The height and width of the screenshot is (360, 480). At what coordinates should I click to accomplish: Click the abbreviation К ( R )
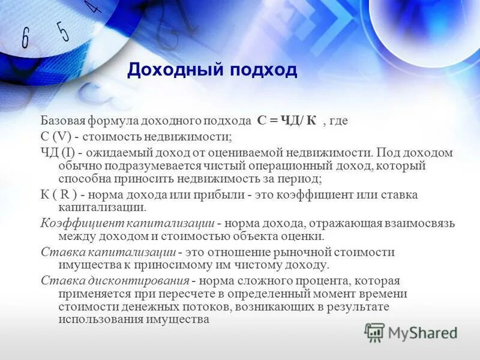[61, 195]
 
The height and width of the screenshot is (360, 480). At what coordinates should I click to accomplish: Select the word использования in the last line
[99, 319]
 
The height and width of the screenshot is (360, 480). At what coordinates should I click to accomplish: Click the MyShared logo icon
[375, 332]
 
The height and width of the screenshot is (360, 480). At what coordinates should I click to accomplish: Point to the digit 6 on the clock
[25, 39]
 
